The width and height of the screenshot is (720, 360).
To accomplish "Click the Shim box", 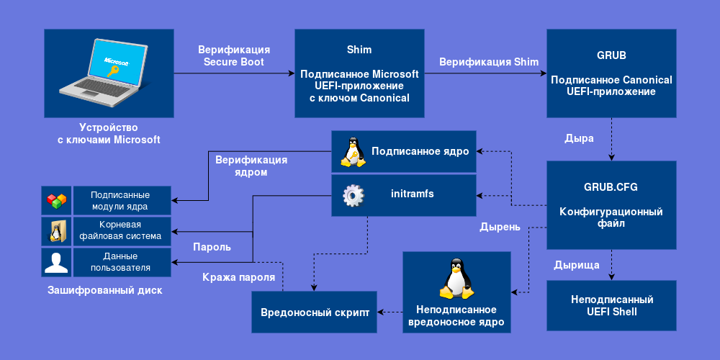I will point(359,73).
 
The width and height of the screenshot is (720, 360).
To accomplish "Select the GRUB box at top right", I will point(611,73).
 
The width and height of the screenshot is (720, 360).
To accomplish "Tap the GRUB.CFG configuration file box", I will point(611,205).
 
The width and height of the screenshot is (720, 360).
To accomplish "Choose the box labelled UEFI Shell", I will point(611,305).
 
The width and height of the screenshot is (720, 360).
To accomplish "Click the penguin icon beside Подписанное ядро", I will point(351,152).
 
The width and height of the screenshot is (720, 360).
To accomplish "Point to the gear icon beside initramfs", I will point(351,195).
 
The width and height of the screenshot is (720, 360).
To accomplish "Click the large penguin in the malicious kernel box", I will point(456,280).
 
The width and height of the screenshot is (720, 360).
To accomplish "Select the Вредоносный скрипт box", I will point(315,312).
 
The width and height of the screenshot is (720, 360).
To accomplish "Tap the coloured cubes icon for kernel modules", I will point(56,201).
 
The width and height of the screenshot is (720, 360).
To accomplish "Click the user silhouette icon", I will point(56,262).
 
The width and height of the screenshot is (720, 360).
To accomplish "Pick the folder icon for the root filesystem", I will point(56,231).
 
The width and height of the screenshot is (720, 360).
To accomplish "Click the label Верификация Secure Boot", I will point(234,56).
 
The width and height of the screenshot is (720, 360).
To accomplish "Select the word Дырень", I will point(500,228).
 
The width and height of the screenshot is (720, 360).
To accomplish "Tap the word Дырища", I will point(576,265).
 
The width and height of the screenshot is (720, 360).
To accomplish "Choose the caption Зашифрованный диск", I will point(104,291).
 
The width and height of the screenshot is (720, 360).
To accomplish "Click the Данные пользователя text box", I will point(120,262).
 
